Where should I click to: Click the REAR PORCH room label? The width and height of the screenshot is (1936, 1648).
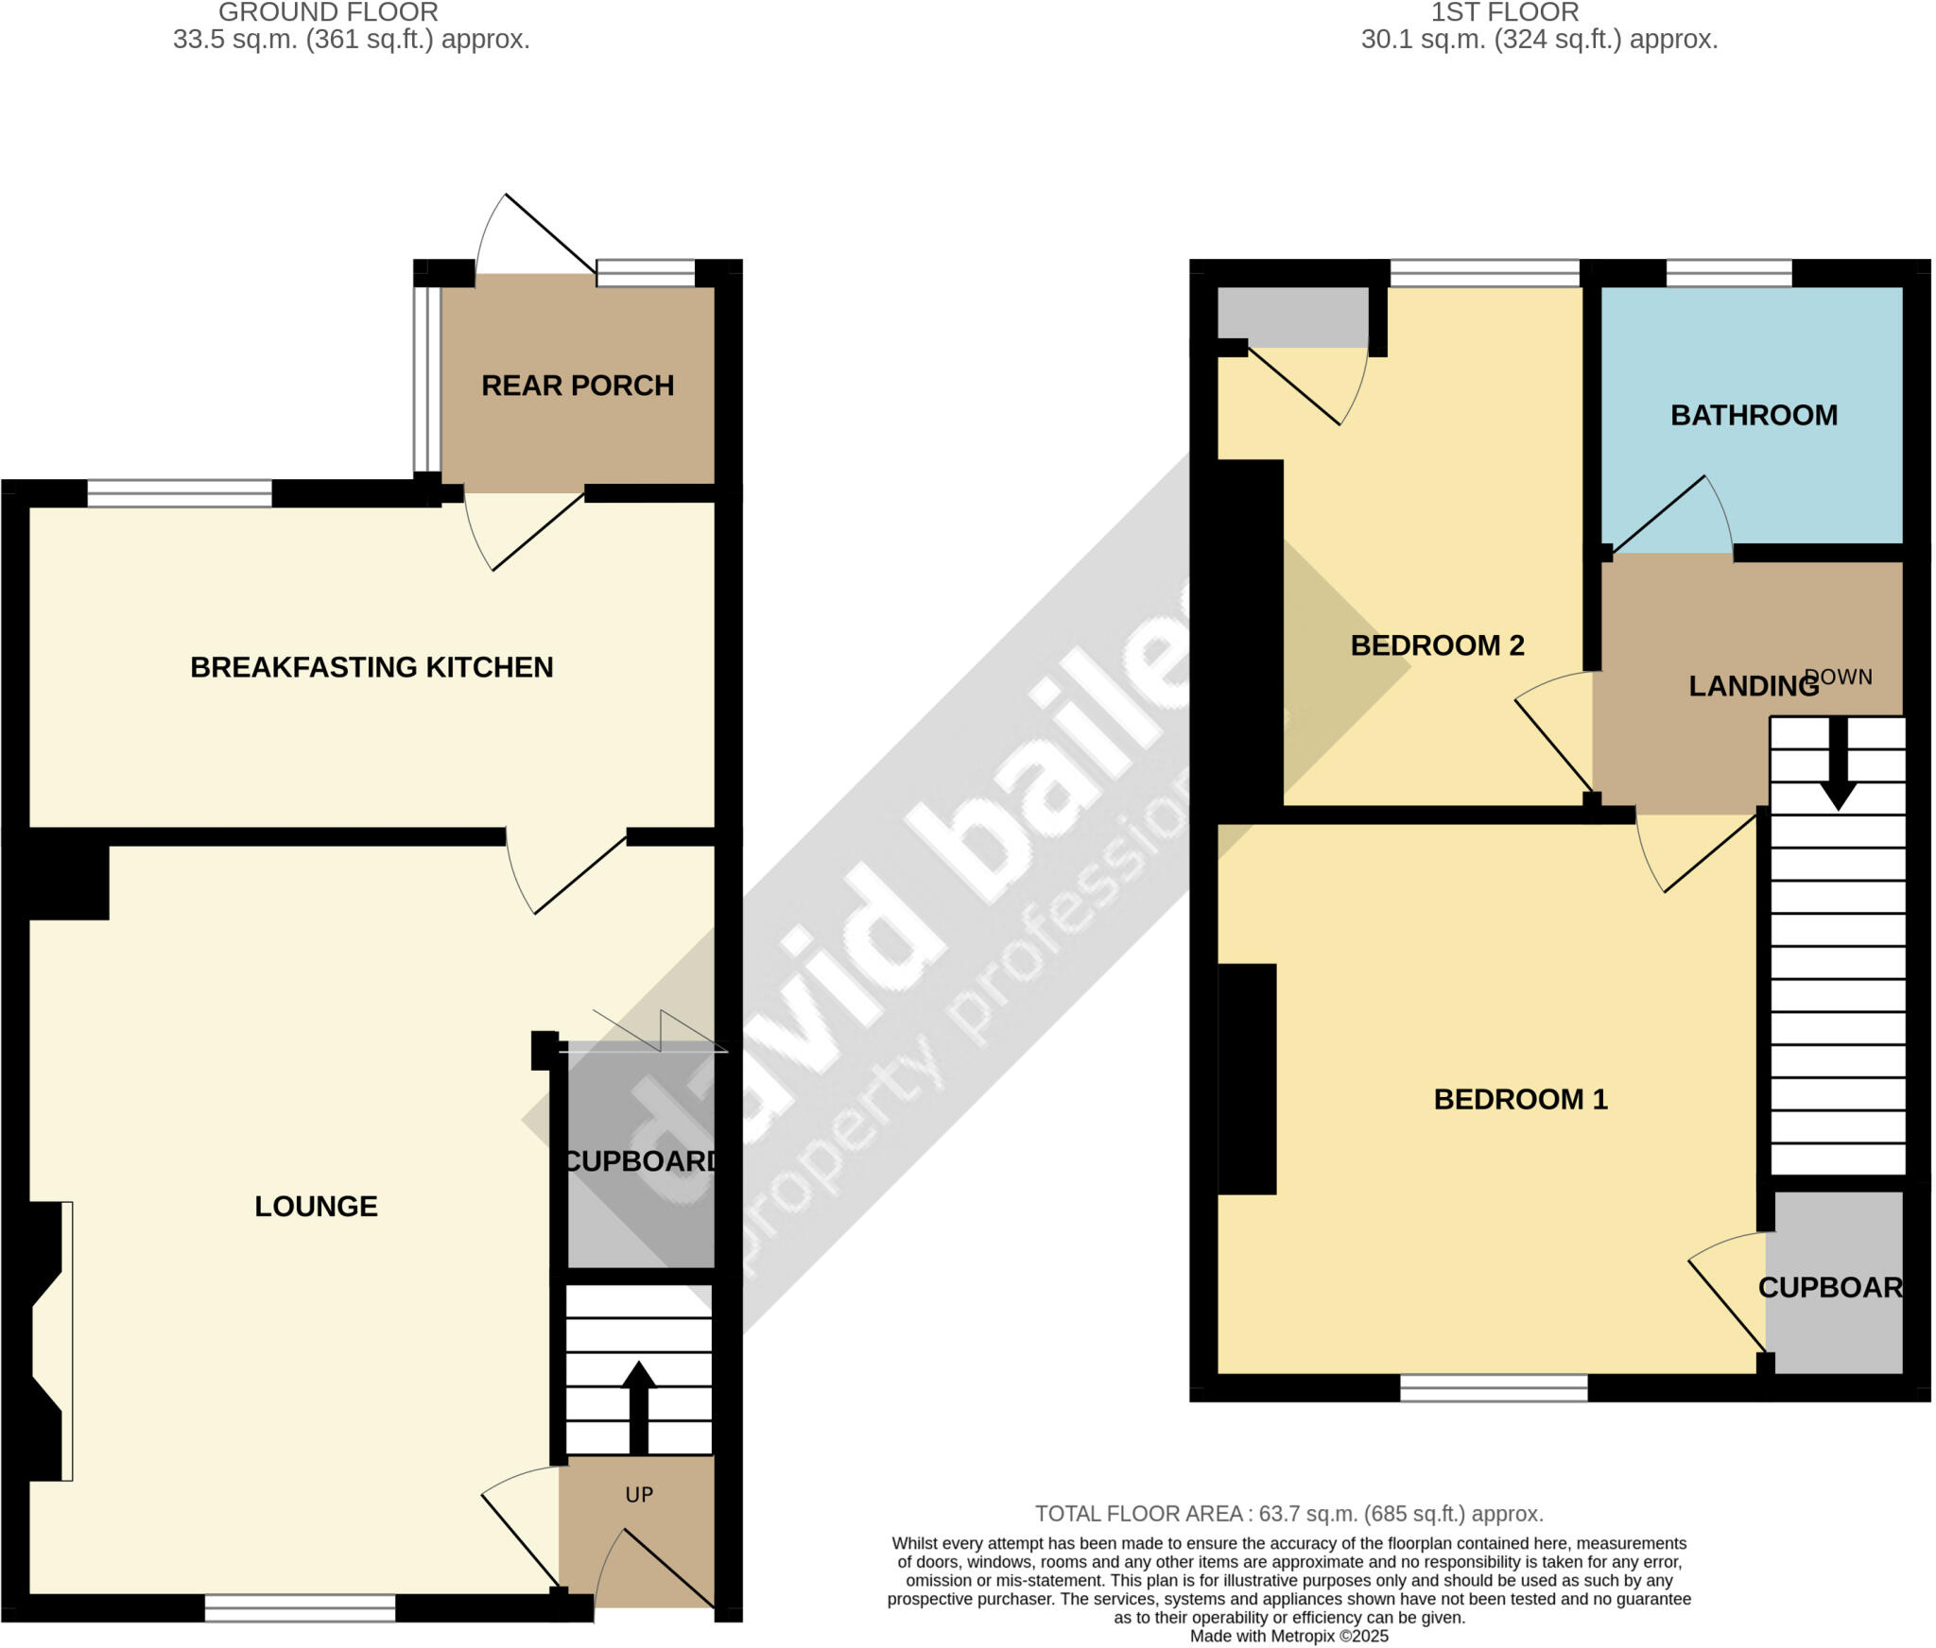[578, 386]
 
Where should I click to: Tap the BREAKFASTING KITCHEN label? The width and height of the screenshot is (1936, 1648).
[372, 667]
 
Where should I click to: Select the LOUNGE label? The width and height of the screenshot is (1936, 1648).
[316, 1206]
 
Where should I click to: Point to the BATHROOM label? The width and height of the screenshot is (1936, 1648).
[1754, 415]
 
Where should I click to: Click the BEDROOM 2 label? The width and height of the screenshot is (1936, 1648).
[1437, 645]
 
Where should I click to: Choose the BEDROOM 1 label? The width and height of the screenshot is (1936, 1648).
[1520, 1099]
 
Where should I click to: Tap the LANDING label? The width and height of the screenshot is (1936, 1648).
[1753, 686]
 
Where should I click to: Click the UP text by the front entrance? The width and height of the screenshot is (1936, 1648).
[639, 1494]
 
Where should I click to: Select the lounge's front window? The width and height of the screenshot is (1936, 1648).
[300, 1607]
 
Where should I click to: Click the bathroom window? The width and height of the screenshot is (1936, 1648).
[1728, 274]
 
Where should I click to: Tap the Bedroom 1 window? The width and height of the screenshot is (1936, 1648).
[1494, 1387]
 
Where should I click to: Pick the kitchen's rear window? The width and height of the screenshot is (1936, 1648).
[180, 493]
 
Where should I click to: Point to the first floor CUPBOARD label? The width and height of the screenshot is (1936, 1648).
[1830, 1287]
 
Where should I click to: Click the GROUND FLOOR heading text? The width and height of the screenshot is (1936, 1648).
[328, 12]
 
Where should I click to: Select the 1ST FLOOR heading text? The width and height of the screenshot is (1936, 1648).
[1505, 12]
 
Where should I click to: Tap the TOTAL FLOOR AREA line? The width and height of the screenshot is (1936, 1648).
[1288, 1514]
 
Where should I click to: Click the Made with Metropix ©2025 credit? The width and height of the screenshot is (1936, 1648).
[1288, 1636]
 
